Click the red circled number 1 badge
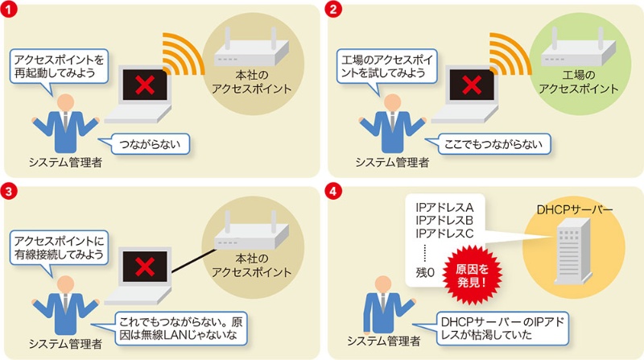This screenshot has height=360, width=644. [10, 10]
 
